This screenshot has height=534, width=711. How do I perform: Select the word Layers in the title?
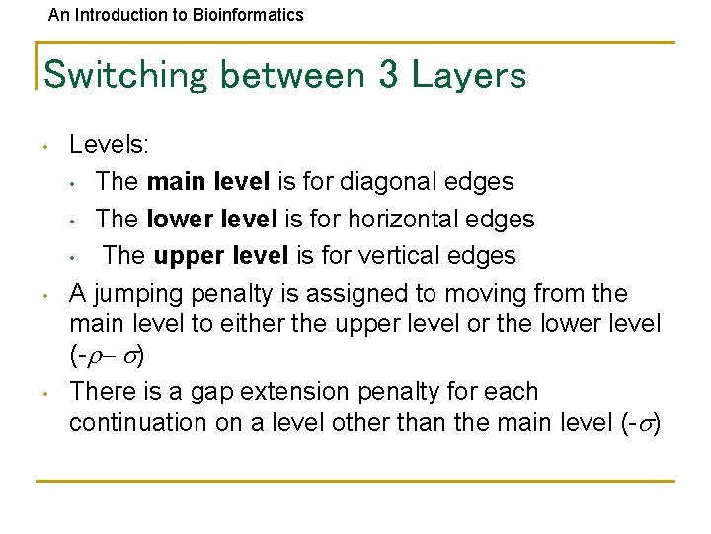pos(468,75)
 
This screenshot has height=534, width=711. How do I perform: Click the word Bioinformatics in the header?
pos(246,15)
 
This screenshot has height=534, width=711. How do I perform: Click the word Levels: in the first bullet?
pos(109,145)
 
